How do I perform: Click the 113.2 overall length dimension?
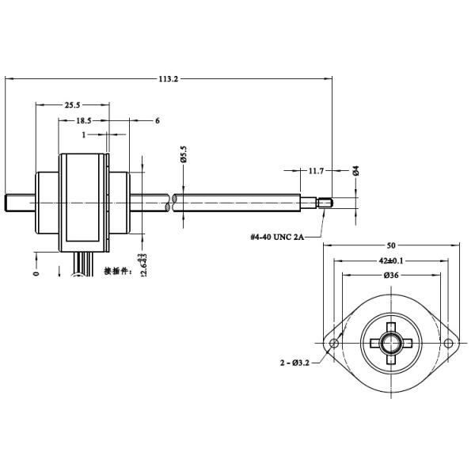click(168, 78)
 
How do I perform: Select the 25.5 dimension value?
click(73, 104)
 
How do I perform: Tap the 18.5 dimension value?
click(83, 120)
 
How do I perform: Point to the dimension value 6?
click(158, 120)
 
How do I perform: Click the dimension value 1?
click(83, 135)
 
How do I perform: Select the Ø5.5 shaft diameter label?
click(183, 154)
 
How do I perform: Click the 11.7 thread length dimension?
click(316, 170)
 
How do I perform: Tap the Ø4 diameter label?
click(356, 170)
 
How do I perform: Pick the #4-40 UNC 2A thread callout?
click(277, 236)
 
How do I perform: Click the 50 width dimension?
click(391, 245)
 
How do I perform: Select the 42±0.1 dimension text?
click(391, 260)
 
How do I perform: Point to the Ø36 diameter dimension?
click(390, 275)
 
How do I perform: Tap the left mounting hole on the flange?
click(333, 344)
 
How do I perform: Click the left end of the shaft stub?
click(8, 203)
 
